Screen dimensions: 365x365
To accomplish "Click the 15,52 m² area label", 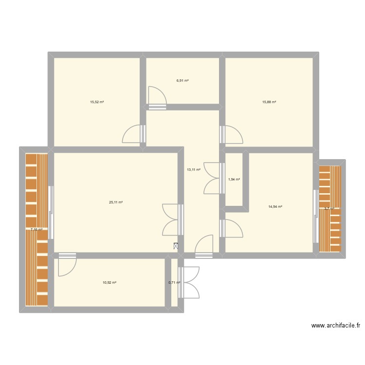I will click(x=97, y=102).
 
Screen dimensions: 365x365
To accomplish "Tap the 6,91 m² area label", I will click(x=182, y=81).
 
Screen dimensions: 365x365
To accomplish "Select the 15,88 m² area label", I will click(x=269, y=102).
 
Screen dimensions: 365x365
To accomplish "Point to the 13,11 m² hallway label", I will click(x=194, y=170).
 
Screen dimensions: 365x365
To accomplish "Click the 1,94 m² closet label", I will click(x=234, y=180).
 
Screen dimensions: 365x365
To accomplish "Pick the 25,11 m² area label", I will click(x=116, y=202).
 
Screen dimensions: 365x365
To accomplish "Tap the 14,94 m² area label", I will click(x=275, y=207).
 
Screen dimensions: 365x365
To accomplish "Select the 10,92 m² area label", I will click(x=109, y=283).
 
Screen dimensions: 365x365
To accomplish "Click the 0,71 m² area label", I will click(x=174, y=283).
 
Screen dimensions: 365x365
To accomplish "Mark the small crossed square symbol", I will click(x=176, y=247).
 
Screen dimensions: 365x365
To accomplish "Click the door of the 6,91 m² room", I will click(x=157, y=97).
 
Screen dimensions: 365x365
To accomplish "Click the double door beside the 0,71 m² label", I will click(x=189, y=282).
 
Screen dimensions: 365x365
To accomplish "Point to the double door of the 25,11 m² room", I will click(x=172, y=219).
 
